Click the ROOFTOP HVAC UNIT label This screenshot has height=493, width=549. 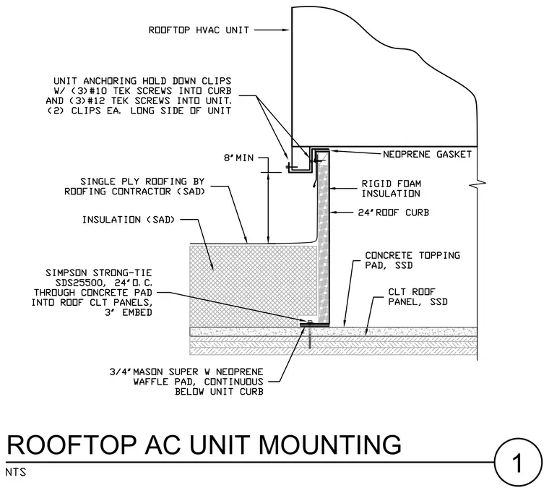tap(199, 30)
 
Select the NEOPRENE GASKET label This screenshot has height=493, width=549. tap(427, 154)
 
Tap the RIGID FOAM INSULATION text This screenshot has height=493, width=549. tap(391, 189)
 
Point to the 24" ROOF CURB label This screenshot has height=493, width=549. tap(393, 213)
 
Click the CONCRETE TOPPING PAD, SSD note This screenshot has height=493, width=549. tap(412, 260)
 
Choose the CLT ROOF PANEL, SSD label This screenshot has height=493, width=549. tap(418, 297)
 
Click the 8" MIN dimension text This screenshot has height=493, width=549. tap(239, 158)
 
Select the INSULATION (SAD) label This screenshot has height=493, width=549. tap(129, 220)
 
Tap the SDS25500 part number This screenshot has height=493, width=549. tap(80, 283)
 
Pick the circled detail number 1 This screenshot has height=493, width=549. tap(518, 463)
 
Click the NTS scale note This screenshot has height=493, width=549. tap(16, 472)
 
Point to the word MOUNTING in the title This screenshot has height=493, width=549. tap(329, 445)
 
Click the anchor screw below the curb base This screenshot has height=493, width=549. tap(310, 335)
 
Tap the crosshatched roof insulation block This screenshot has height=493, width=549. tap(254, 286)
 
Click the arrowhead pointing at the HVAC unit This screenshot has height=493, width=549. tap(286, 30)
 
